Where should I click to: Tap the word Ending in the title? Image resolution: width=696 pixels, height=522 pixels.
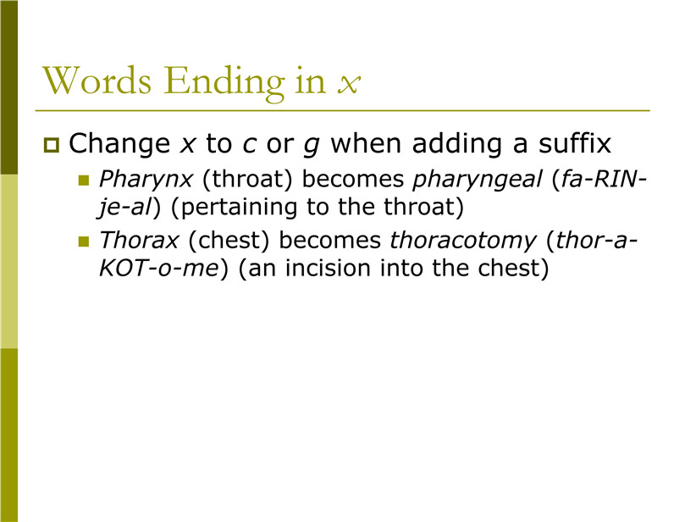pyautogui.click(x=224, y=83)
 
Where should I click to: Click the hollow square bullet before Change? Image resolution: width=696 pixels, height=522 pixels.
pyautogui.click(x=52, y=145)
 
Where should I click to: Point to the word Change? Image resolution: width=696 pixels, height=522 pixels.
pyautogui.click(x=119, y=144)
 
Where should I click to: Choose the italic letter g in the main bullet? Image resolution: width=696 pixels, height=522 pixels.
pyautogui.click(x=312, y=147)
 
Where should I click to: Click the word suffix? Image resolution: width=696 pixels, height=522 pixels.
pyautogui.click(x=575, y=142)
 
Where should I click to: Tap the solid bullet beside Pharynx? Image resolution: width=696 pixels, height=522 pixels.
pyautogui.click(x=84, y=180)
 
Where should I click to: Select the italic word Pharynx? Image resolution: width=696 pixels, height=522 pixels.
pyautogui.click(x=146, y=180)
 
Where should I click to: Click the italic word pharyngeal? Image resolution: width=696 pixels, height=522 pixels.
pyautogui.click(x=478, y=180)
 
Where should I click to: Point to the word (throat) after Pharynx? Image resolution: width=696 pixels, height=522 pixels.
pyautogui.click(x=247, y=180)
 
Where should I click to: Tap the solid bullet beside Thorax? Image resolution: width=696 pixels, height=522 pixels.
pyautogui.click(x=84, y=242)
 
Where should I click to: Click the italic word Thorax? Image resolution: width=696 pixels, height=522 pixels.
pyautogui.click(x=139, y=240)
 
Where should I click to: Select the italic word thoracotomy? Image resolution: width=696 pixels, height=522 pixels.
pyautogui.click(x=463, y=241)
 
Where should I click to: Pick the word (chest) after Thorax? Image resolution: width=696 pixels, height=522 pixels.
pyautogui.click(x=229, y=241)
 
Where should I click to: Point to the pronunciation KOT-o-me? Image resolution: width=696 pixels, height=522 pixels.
pyautogui.click(x=159, y=269)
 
